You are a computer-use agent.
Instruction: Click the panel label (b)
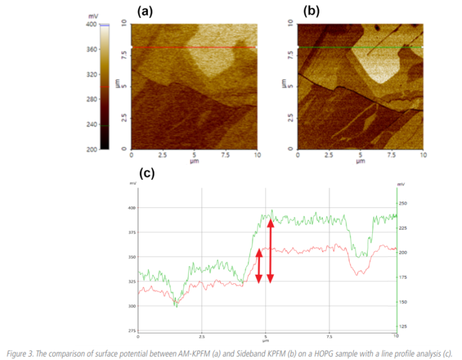[x=312, y=11]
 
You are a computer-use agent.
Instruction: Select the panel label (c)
[x=147, y=174]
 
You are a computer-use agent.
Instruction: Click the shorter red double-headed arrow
[x=259, y=266]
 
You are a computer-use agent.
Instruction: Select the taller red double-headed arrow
[x=270, y=251]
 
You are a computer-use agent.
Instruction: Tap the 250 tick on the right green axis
[x=403, y=203]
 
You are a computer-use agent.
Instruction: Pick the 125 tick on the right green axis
[x=403, y=326]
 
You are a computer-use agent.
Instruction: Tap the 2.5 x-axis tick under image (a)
[x=162, y=155]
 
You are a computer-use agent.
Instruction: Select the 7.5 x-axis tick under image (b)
[x=392, y=155]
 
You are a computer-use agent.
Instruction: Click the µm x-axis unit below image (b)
[x=360, y=161]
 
